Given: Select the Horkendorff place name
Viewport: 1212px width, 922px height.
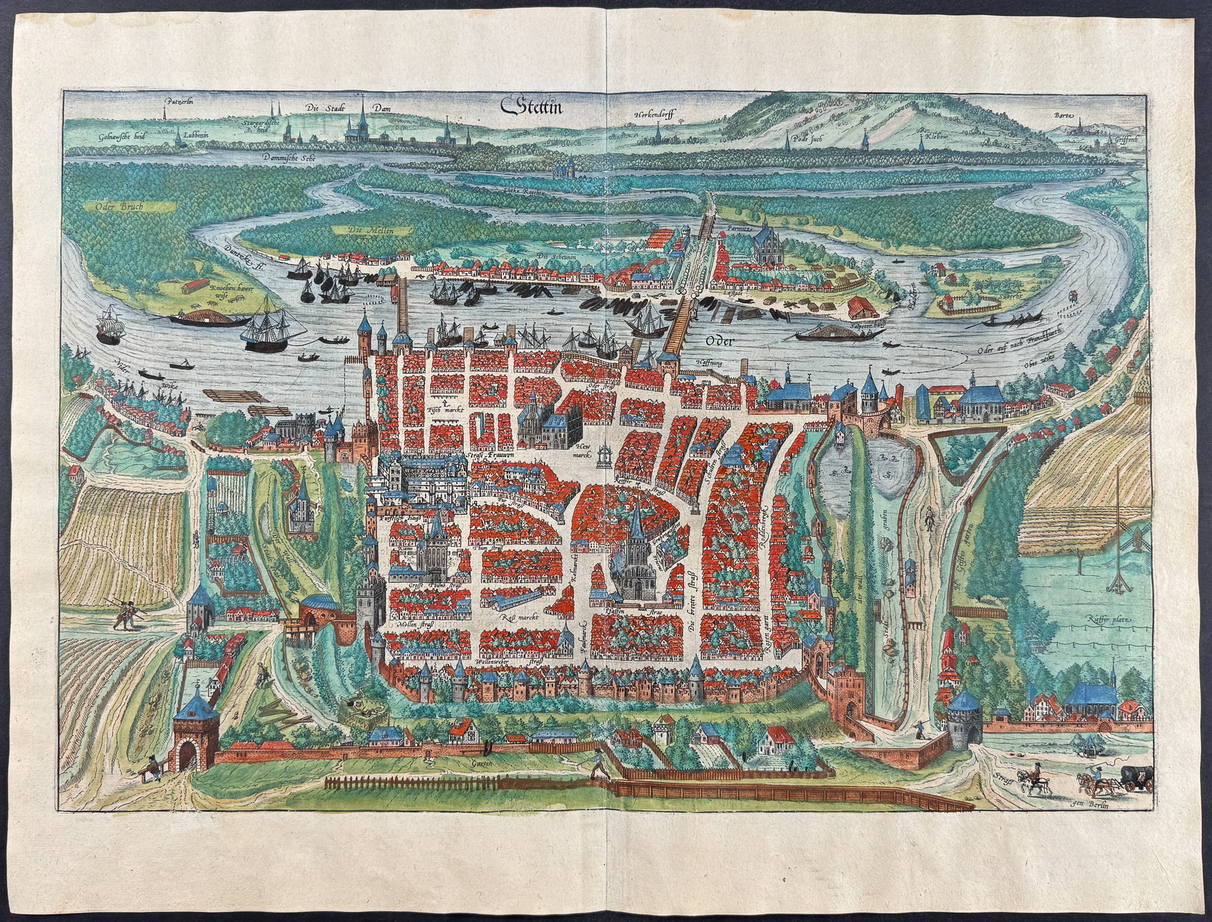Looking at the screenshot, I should click(660, 114).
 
